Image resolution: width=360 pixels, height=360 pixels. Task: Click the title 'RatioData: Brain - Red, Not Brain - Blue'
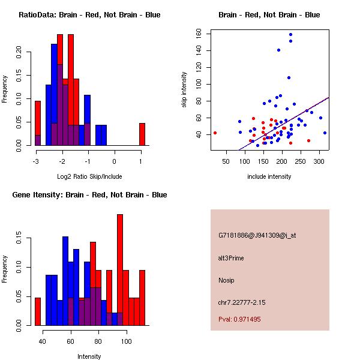[x=89, y=15]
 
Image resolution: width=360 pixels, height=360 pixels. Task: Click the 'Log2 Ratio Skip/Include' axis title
[x=89, y=176]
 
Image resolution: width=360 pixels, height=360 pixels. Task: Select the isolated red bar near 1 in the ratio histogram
[x=142, y=134]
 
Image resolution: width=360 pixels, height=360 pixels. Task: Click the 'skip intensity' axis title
[x=184, y=90]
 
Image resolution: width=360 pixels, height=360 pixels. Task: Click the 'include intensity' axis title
[x=269, y=176]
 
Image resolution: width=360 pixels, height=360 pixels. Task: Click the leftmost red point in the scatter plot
[x=215, y=133]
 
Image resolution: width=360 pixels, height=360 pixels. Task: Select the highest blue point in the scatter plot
[x=290, y=35]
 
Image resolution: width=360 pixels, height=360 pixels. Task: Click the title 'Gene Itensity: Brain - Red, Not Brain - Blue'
[x=89, y=195]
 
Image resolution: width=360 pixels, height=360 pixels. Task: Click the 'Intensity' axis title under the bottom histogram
[x=89, y=356]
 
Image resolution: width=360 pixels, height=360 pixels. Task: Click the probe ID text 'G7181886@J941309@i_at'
[x=257, y=235]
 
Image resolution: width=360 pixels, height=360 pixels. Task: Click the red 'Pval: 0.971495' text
[x=239, y=319]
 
